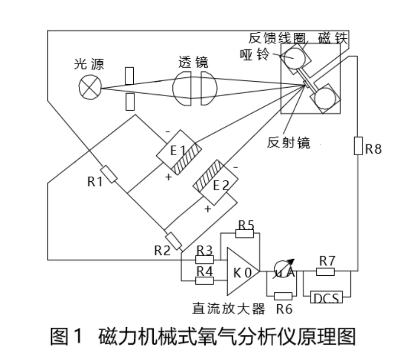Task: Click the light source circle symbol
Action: click(90, 88)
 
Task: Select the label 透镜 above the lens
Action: click(193, 63)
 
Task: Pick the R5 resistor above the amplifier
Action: click(245, 233)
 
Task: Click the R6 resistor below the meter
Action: click(284, 296)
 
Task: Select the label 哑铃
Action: click(255, 54)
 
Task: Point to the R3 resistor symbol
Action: click(204, 260)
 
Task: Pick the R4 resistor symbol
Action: click(204, 281)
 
